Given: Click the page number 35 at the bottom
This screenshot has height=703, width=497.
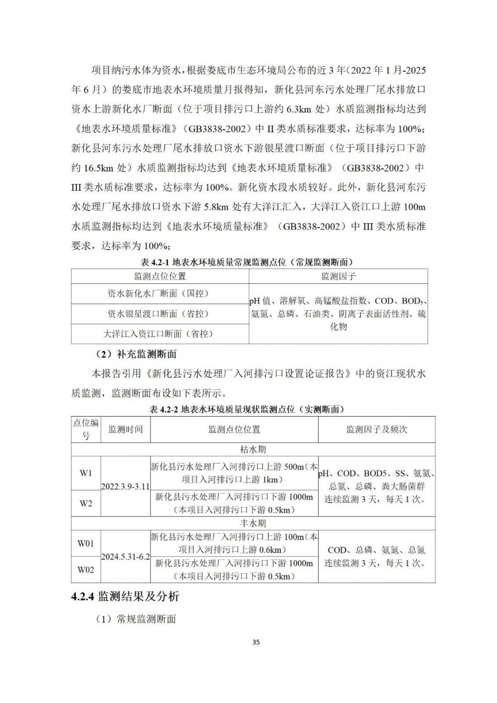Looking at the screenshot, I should click(x=256, y=642).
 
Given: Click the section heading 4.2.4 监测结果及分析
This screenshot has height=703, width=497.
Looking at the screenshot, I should click(x=125, y=596).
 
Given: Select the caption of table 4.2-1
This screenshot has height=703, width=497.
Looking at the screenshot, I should click(x=248, y=262).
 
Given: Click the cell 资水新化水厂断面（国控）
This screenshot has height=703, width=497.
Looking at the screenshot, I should click(x=160, y=294).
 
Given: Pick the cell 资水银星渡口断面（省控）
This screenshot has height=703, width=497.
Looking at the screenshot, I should click(x=160, y=314).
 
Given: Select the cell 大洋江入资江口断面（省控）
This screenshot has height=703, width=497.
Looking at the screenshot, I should click(x=160, y=334).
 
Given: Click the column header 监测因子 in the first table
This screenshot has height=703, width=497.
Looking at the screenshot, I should click(x=338, y=276).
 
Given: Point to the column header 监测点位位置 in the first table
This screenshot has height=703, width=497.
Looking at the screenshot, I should click(x=160, y=276).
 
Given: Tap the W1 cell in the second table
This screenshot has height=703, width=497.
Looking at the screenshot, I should click(x=86, y=473).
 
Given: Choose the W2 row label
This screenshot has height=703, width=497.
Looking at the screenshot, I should click(x=86, y=503).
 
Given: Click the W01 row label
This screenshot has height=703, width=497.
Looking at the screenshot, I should click(x=86, y=543).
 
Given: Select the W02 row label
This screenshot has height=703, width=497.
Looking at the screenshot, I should click(x=86, y=570).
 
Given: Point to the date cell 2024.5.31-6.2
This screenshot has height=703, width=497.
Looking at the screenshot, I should click(x=125, y=557).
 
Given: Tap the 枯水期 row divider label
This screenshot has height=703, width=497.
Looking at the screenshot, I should click(x=253, y=449).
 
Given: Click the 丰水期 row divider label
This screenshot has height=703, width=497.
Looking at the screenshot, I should click(x=253, y=523).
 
